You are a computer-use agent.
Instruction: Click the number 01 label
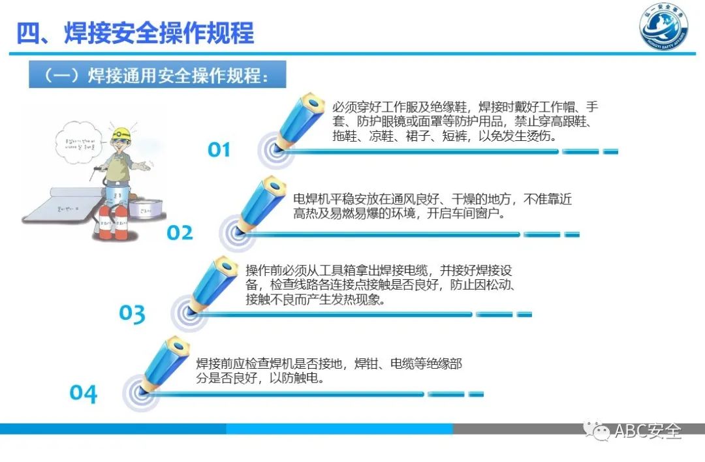219,150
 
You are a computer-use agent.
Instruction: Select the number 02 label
180,233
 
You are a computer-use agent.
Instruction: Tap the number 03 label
132,314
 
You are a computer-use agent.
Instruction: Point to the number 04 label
84,393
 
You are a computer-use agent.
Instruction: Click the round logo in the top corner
663,29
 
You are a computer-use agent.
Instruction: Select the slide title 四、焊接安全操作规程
135,33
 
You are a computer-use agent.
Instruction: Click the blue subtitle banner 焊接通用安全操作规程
157,76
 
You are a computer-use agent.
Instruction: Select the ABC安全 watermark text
648,431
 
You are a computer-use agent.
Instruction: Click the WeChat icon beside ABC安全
597,431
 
